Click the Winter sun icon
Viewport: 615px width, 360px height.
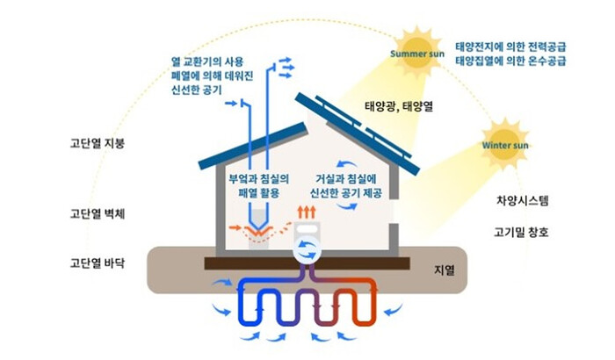(x=507, y=143)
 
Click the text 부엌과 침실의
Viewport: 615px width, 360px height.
(x=259, y=178)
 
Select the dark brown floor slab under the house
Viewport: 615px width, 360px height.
(x=307, y=263)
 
